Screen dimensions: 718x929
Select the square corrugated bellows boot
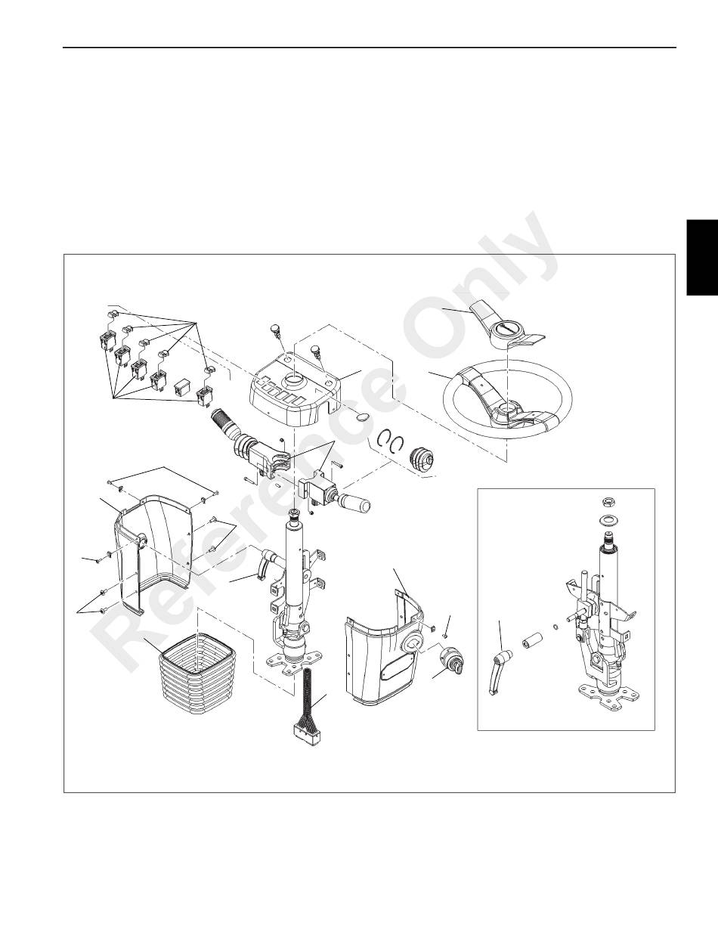tap(197, 680)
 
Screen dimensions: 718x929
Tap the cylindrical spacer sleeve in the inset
tap(531, 640)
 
